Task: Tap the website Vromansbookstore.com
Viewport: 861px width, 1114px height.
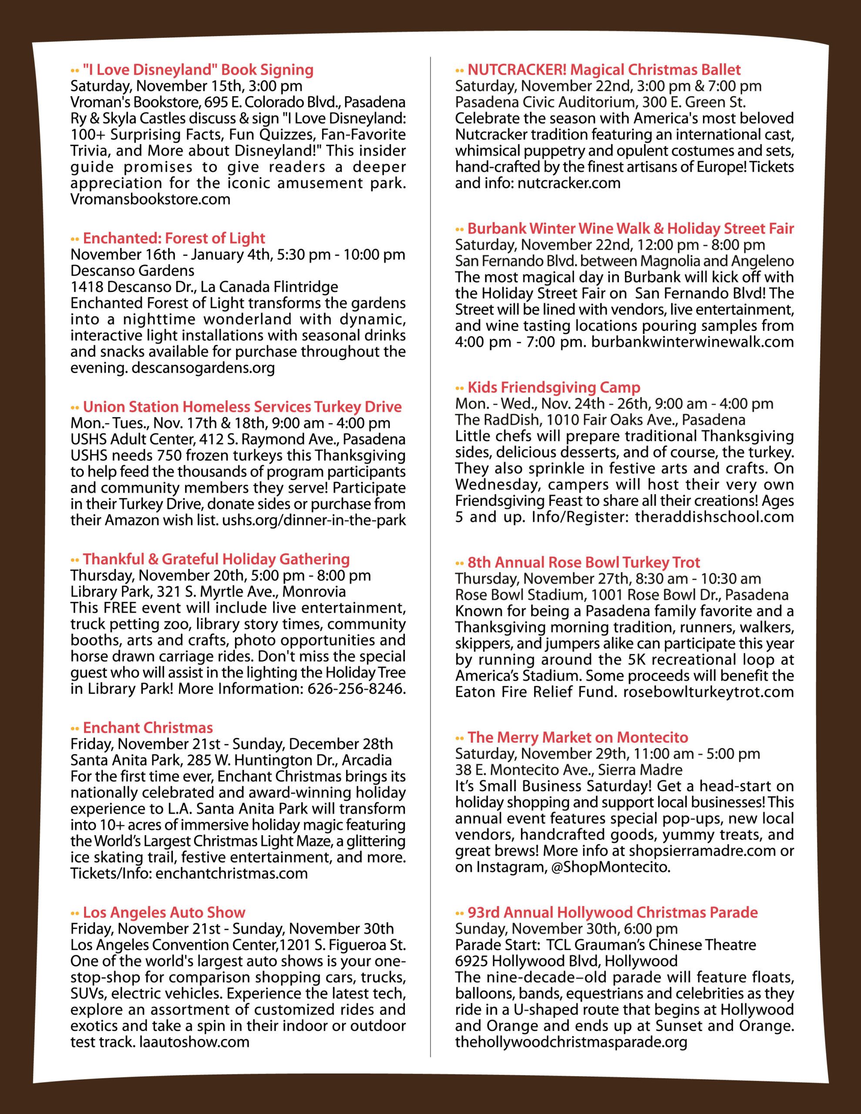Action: pyautogui.click(x=150, y=199)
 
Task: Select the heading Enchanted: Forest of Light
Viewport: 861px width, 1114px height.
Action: pyautogui.click(x=174, y=238)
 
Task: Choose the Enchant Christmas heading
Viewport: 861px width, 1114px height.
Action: pyautogui.click(x=148, y=728)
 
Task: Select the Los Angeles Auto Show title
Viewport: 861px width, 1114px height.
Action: pyautogui.click(x=164, y=912)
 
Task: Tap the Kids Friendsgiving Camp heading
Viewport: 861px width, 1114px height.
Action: pyautogui.click(x=554, y=387)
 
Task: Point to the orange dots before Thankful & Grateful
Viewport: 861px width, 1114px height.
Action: pyautogui.click(x=75, y=560)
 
